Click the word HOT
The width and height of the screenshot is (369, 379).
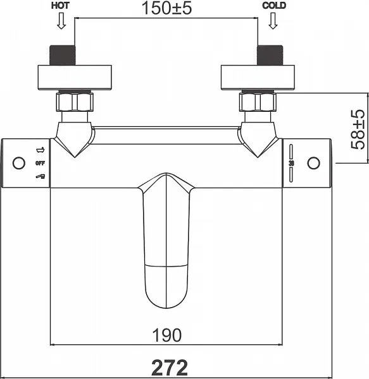coord(60,6)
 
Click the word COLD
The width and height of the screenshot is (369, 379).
coord(274,6)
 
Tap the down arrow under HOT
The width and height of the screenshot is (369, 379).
coord(61,21)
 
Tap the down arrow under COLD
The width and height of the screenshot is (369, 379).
coord(273,21)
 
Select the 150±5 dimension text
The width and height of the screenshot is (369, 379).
coord(166,8)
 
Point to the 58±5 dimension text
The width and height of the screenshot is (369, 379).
coord(358,129)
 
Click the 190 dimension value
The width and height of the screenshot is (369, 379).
coord(166,335)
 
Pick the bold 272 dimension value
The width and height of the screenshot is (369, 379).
coord(170,368)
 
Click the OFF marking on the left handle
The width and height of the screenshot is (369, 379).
coord(41,164)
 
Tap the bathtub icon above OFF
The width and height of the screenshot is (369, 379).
coord(41,150)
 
